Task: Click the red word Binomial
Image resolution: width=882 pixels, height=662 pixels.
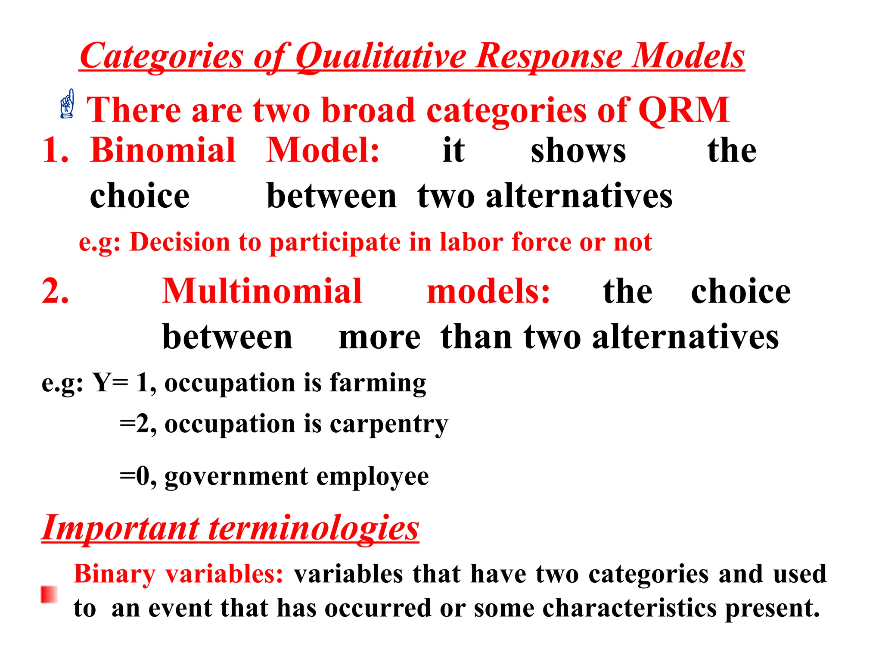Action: coord(163,150)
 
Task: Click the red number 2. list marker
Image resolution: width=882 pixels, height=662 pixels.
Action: coord(56,291)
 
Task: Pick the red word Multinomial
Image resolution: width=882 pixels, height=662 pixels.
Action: coord(262,291)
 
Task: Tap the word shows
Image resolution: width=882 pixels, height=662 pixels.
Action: coord(578,151)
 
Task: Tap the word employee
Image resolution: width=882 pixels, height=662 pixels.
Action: coord(373,477)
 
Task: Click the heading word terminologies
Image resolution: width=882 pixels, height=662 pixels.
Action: coord(314,528)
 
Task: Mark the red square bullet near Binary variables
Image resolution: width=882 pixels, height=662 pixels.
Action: coord(49,594)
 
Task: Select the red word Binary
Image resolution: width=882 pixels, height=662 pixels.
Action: coord(115,574)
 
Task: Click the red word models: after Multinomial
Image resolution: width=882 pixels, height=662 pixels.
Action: coord(488,291)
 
